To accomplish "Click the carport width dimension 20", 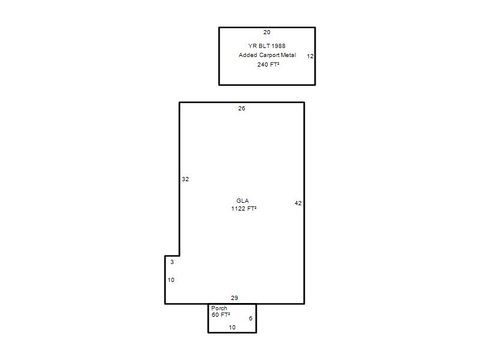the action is coord(266,32).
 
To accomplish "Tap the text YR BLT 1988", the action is coord(266,46).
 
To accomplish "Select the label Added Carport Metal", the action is coord(267,55).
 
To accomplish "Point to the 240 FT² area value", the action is coord(268,64).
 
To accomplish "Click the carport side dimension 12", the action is coord(310,56).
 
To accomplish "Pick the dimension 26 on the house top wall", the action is coord(242,109).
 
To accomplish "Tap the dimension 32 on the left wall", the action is coord(185,179).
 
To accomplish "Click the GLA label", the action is coord(242,201).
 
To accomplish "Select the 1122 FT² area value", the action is coord(244,208).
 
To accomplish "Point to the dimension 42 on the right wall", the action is coord(298,203).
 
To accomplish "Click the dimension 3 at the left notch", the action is coord(172,262).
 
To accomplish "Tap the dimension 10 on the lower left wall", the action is coord(171,280).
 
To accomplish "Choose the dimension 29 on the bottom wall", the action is coord(234,298).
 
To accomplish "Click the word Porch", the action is coord(219,308).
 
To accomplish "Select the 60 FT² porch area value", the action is coord(221,314).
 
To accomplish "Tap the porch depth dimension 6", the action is coord(250,319).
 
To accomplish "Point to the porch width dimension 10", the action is coord(232,328).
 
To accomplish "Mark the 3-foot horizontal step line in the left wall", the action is coord(172,256).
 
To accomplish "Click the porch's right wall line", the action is coord(256,319).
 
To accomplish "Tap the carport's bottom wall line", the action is coord(267,85).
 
